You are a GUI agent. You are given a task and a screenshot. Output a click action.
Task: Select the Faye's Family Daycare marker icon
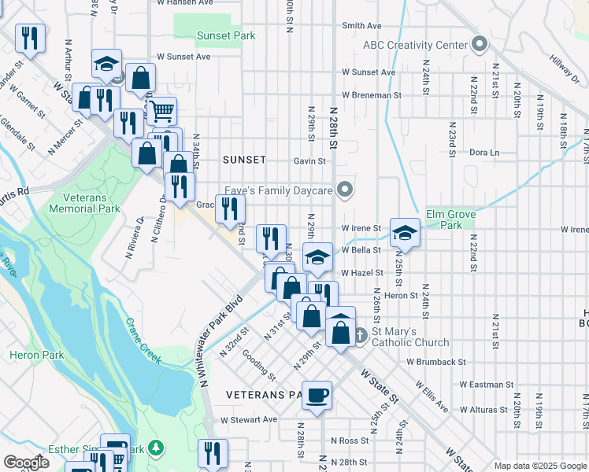(x=343, y=189)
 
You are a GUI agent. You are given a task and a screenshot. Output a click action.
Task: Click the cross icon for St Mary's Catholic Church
(x=359, y=334)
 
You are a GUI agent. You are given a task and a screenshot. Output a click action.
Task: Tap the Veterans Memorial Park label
(x=84, y=203)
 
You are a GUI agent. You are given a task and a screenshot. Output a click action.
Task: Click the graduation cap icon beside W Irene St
(x=404, y=232)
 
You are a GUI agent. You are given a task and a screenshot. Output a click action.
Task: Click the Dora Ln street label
(x=484, y=152)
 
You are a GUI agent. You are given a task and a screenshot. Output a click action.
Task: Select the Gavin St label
(x=309, y=161)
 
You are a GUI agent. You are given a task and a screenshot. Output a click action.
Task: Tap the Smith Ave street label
(x=361, y=25)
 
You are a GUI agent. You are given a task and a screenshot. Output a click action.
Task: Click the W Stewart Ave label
(x=249, y=419)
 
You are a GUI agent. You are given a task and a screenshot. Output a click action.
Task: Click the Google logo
(x=27, y=463)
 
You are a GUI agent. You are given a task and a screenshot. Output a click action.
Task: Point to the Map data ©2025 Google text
(x=539, y=466)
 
